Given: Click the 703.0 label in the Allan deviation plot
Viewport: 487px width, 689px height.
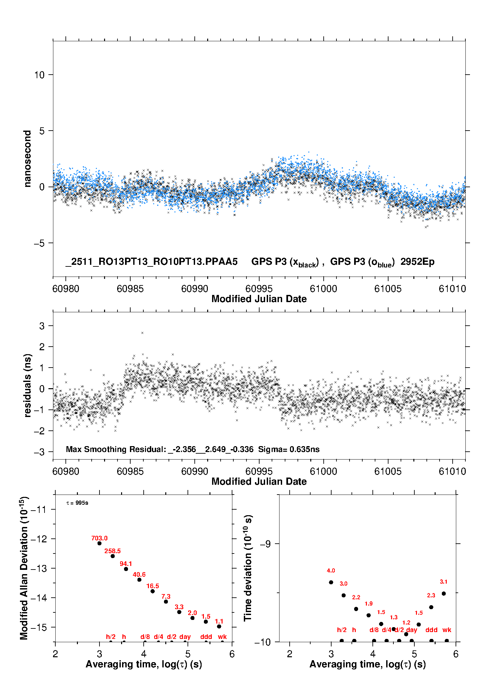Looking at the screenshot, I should tap(99, 538).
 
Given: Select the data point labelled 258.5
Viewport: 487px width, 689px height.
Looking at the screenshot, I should tap(113, 556).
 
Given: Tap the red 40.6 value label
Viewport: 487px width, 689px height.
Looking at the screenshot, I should tap(139, 574).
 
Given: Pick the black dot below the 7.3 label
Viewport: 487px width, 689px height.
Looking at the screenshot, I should tap(166, 602).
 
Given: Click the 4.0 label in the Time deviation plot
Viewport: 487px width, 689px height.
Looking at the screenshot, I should tap(331, 571).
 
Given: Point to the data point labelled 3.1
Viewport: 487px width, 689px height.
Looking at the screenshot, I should tap(444, 593).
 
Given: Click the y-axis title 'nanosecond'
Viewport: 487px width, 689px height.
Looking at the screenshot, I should tap(27, 159).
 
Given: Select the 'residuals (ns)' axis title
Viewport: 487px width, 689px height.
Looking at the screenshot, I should tap(27, 385).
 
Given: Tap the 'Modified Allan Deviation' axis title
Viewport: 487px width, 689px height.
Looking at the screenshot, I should tap(24, 568).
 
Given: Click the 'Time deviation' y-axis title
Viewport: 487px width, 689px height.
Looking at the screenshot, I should tap(248, 568).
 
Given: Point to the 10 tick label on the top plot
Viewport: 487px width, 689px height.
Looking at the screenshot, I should tap(39, 75).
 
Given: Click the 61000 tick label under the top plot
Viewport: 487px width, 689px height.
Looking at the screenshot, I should tap(323, 289).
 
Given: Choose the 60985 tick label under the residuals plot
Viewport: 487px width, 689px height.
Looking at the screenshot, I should tap(130, 471).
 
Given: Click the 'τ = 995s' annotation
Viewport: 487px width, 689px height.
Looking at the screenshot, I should tap(77, 503).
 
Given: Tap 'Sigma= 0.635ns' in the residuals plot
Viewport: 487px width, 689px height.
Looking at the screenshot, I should tap(289, 449).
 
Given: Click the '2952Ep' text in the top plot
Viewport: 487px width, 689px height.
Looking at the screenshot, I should tap(417, 262).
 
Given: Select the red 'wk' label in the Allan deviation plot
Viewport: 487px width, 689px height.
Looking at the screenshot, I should tap(222, 637).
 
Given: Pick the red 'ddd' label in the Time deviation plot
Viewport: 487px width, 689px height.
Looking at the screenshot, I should tap(431, 630).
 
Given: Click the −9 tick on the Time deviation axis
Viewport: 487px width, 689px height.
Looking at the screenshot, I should tap(265, 544).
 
